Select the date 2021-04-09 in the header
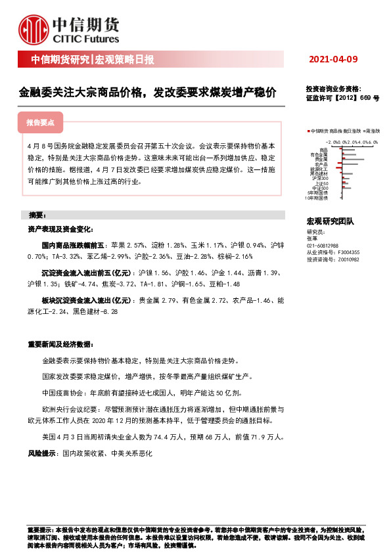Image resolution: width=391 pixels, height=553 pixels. click(333, 60)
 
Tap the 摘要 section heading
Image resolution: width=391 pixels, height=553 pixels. click(35, 215)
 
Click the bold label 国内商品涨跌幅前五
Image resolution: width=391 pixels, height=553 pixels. click(68, 244)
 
